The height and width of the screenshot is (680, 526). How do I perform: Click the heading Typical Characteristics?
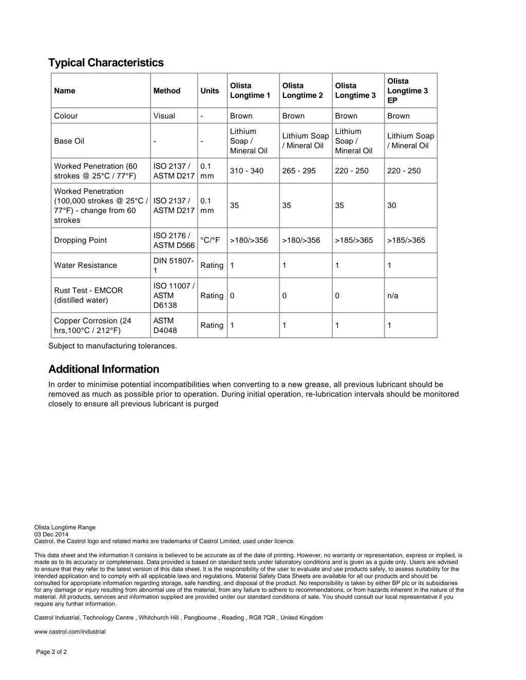(x=106, y=63)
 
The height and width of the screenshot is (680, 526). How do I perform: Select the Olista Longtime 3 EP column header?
(x=407, y=91)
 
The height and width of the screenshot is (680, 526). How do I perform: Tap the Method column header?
(x=167, y=91)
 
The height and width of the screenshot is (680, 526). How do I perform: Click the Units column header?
(x=210, y=91)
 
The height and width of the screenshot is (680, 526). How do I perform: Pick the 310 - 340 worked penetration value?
(x=247, y=171)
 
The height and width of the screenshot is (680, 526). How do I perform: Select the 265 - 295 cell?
(x=299, y=171)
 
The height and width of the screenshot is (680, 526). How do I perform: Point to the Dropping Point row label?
(x=81, y=240)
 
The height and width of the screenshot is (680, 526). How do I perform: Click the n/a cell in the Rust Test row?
(x=393, y=296)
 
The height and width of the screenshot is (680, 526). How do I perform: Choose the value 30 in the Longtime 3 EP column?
(x=392, y=205)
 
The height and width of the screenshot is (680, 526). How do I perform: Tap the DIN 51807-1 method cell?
(x=174, y=265)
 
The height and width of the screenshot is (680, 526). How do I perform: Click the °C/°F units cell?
(x=210, y=240)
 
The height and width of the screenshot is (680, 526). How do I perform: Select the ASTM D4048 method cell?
(x=165, y=325)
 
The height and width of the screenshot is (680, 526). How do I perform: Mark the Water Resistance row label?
(x=86, y=265)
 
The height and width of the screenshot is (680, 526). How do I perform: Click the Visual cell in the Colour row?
(x=164, y=116)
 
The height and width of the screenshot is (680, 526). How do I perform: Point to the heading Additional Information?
(x=104, y=370)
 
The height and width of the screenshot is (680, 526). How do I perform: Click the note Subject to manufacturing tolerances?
(x=112, y=346)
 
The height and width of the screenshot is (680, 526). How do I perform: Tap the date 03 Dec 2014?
(x=51, y=534)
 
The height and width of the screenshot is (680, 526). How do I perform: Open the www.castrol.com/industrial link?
(x=70, y=632)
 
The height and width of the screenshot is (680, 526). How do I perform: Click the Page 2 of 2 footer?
(x=51, y=652)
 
